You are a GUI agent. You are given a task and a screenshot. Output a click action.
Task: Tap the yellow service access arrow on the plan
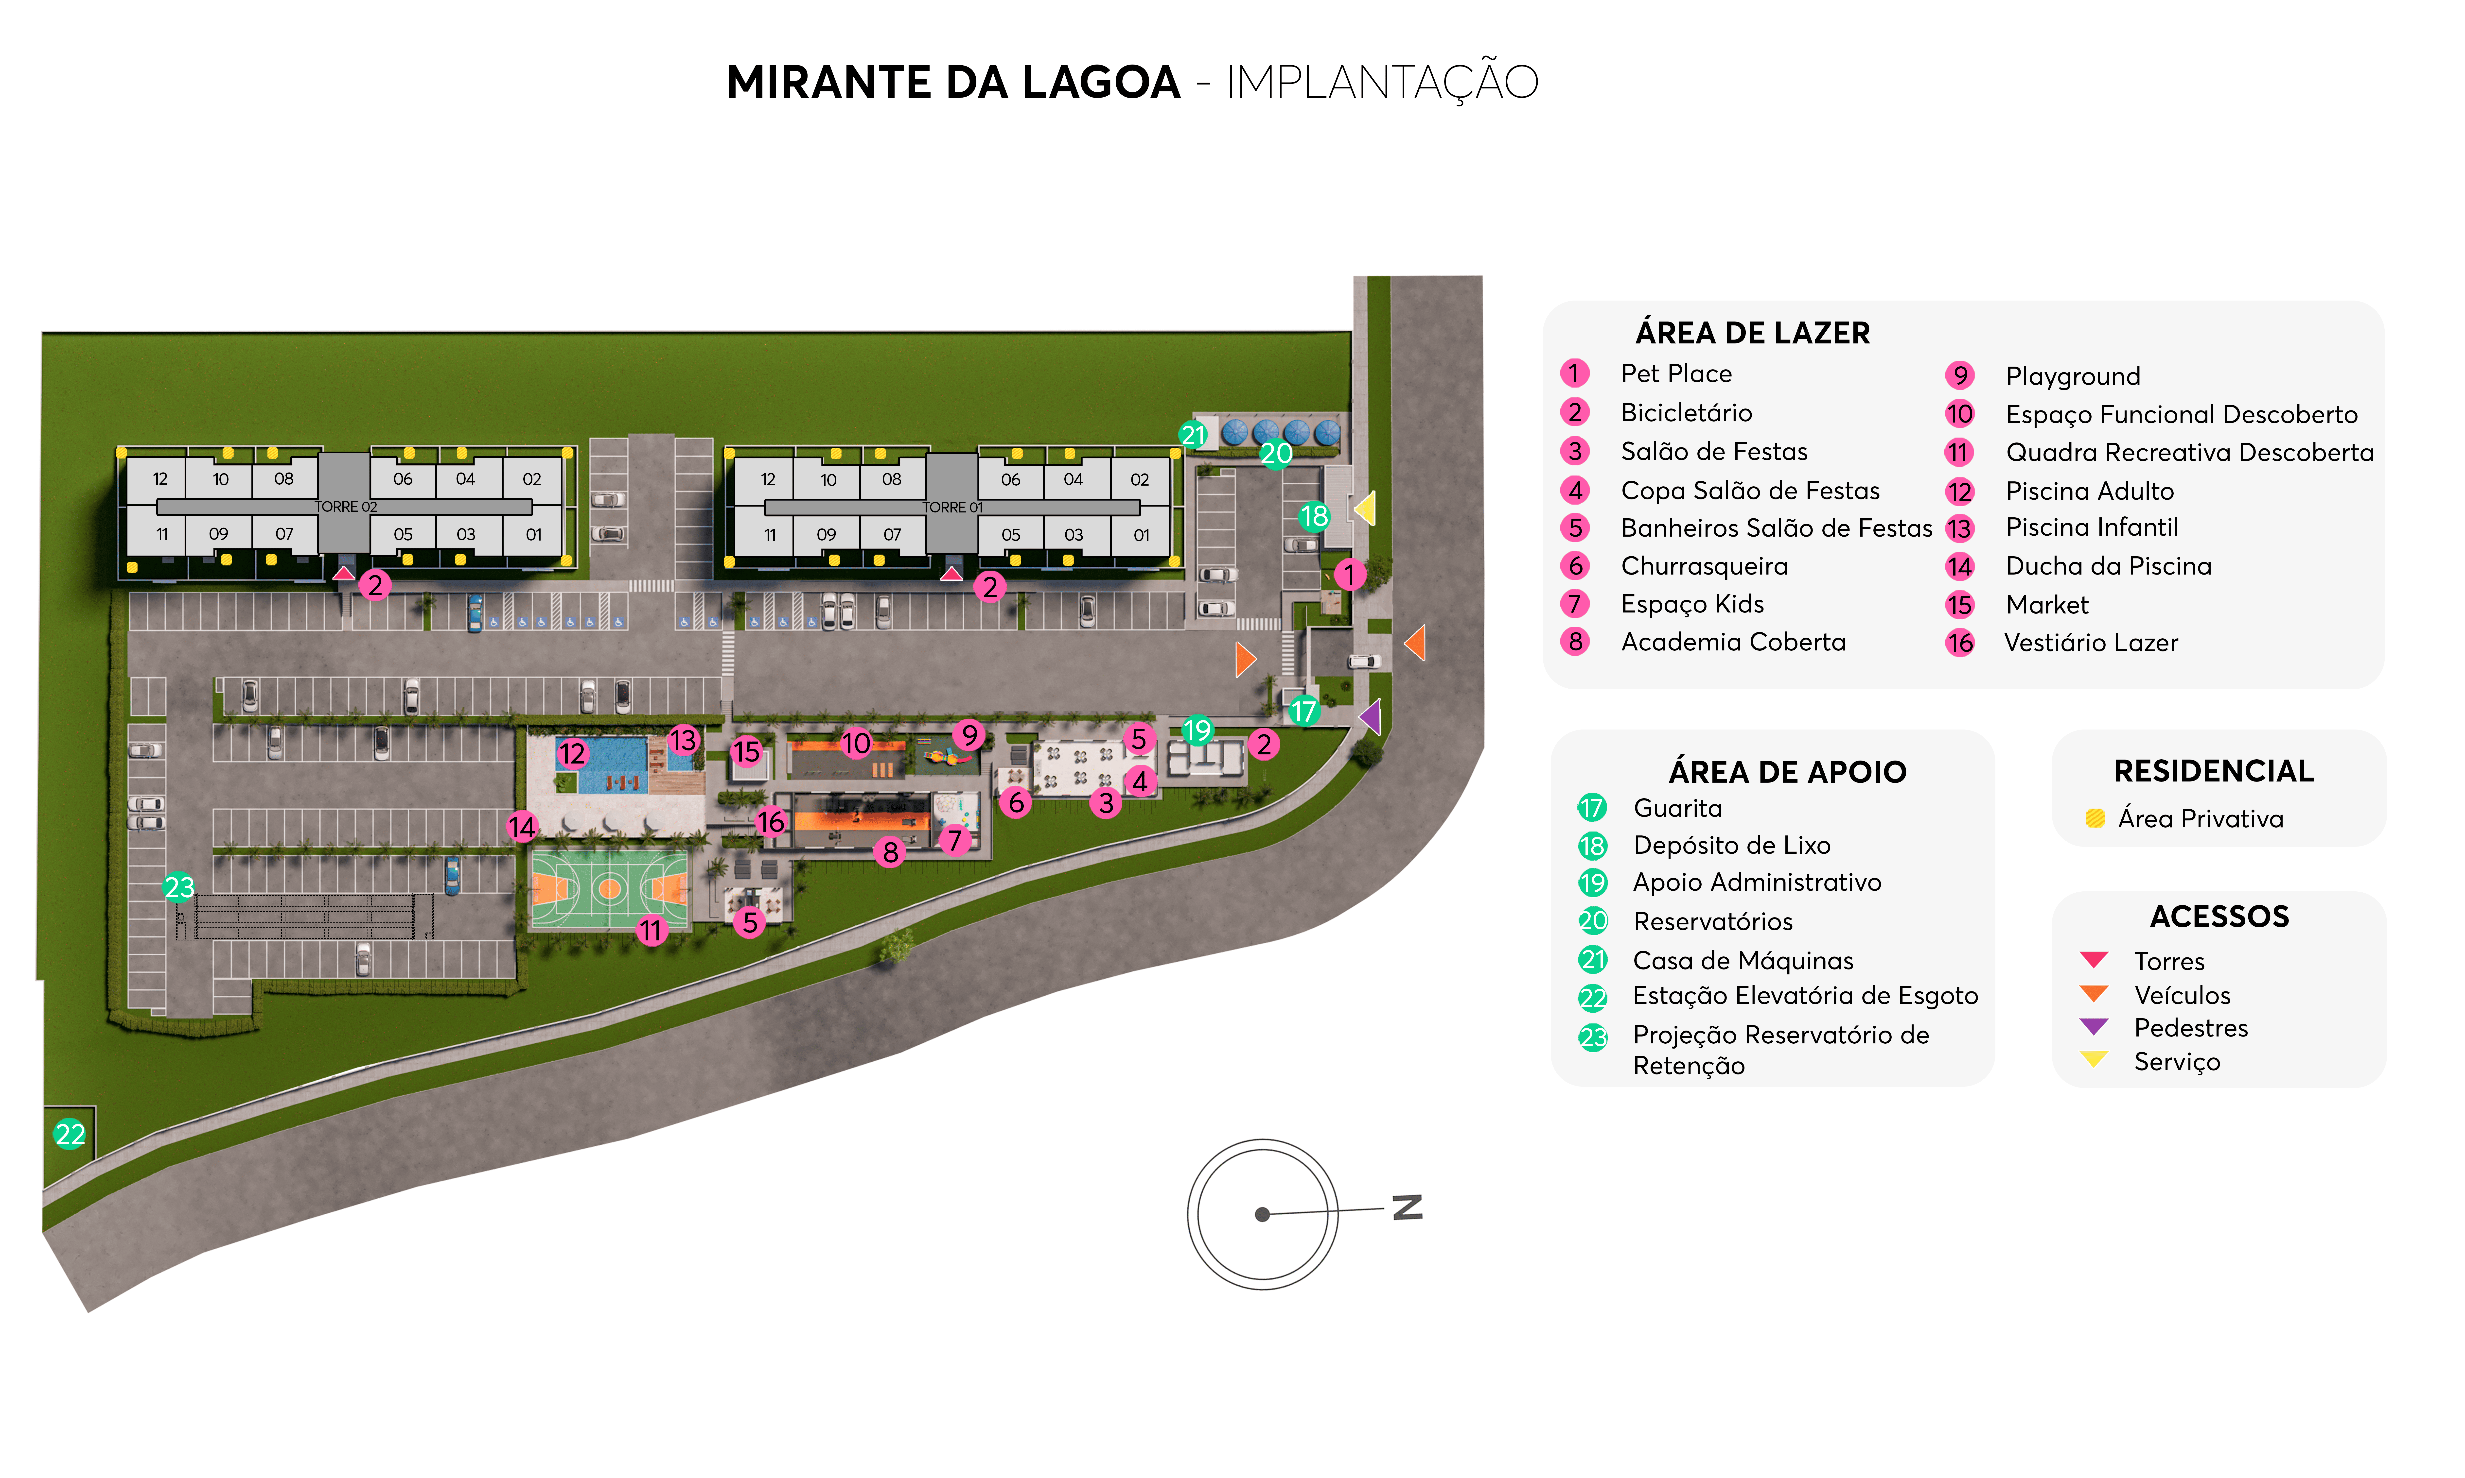(x=1365, y=508)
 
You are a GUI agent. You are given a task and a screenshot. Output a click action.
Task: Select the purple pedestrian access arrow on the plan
(x=1371, y=716)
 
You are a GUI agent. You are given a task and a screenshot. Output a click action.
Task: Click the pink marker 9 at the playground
(x=968, y=735)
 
